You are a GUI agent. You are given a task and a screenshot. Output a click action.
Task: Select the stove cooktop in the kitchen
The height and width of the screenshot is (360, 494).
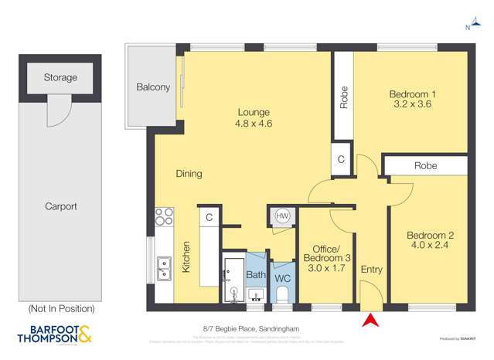pos(164,217)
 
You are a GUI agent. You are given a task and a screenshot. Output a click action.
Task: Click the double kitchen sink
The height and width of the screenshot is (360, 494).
pos(164,268)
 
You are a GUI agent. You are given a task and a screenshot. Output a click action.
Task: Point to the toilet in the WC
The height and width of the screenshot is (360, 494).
pos(283,294)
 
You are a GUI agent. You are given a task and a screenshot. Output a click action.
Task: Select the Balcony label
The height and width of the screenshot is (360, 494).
pos(153,87)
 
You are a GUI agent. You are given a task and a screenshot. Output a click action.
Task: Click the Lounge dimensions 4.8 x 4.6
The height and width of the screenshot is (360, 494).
pos(254,124)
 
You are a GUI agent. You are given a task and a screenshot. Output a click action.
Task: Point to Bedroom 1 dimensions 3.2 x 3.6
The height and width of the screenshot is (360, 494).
pos(411,108)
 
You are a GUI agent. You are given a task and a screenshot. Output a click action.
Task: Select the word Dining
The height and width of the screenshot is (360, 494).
pos(189,174)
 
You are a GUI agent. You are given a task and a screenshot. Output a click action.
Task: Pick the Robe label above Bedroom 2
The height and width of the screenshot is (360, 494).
pos(426,165)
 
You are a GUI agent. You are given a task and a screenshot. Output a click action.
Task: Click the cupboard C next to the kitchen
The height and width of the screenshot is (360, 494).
pos(208,219)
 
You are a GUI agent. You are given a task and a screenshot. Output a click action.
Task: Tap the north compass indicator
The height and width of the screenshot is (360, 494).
pos(468,27)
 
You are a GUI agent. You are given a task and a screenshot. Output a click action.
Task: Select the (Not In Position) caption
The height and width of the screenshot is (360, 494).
pos(61,308)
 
